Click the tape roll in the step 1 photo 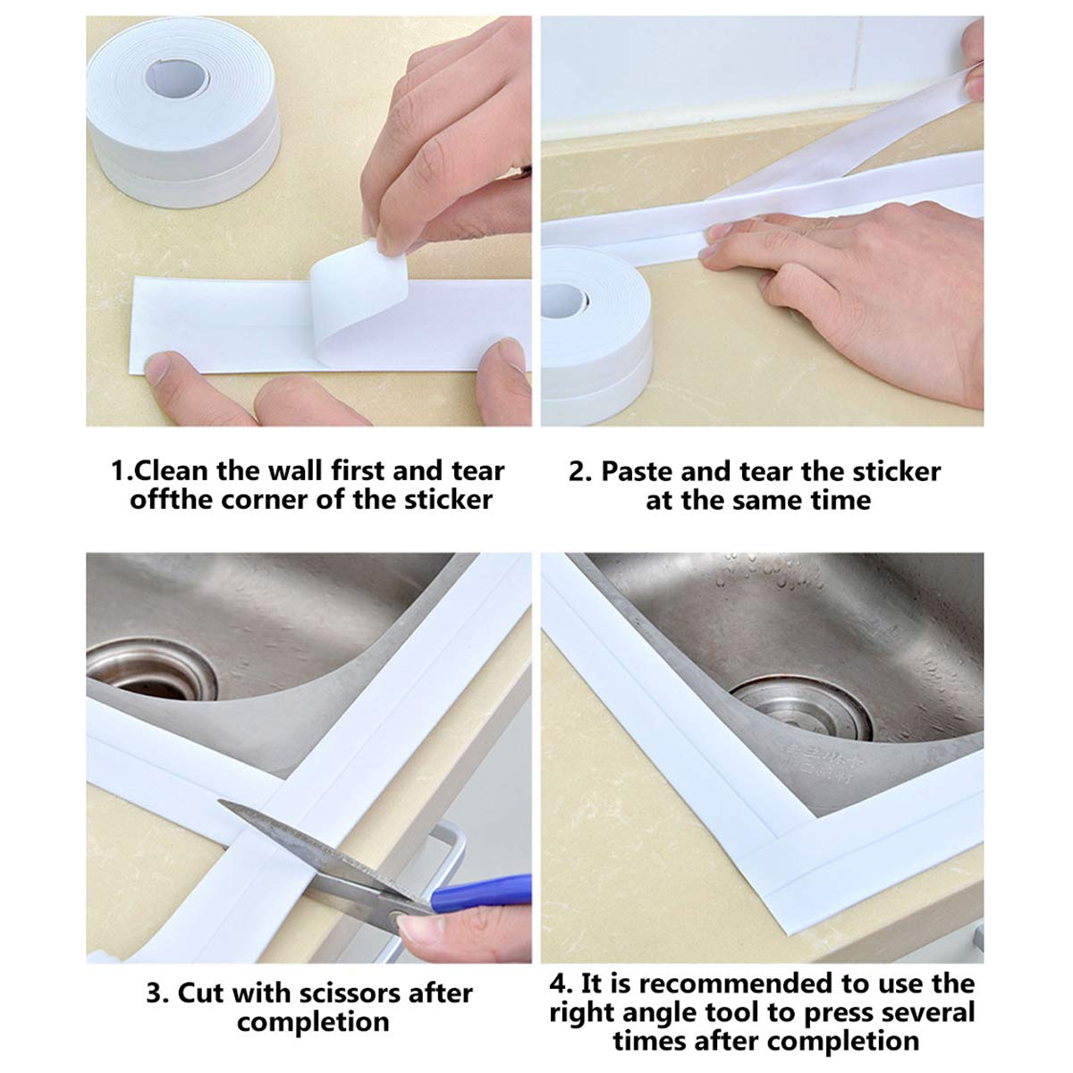click(x=183, y=116)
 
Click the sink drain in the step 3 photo click(x=148, y=671)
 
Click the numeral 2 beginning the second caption click(x=577, y=471)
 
